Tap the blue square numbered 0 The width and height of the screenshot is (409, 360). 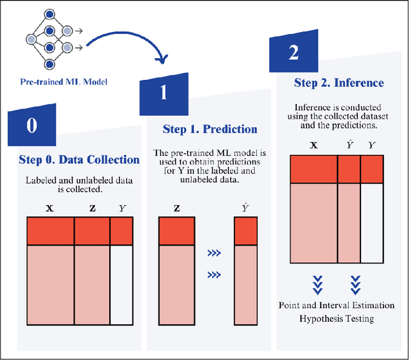(x=31, y=126)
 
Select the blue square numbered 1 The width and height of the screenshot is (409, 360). (x=163, y=94)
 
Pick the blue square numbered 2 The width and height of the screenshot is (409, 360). (x=293, y=52)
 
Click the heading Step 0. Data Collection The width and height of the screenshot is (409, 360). (x=79, y=160)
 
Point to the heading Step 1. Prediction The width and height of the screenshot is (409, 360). (x=210, y=129)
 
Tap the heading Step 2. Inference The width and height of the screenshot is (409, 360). (x=339, y=83)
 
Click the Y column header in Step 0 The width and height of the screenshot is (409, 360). (x=122, y=208)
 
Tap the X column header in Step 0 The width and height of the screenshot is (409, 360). (x=50, y=208)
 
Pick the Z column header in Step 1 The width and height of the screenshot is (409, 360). (x=176, y=208)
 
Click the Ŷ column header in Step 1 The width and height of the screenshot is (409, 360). (x=245, y=207)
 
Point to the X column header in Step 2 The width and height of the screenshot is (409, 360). (x=313, y=145)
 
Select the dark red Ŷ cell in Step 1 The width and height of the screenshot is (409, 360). (x=245, y=232)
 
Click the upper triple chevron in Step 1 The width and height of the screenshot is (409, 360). (x=213, y=254)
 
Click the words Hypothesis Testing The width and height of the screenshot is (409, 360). (x=336, y=318)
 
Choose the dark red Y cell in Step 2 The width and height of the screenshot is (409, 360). (x=372, y=169)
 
